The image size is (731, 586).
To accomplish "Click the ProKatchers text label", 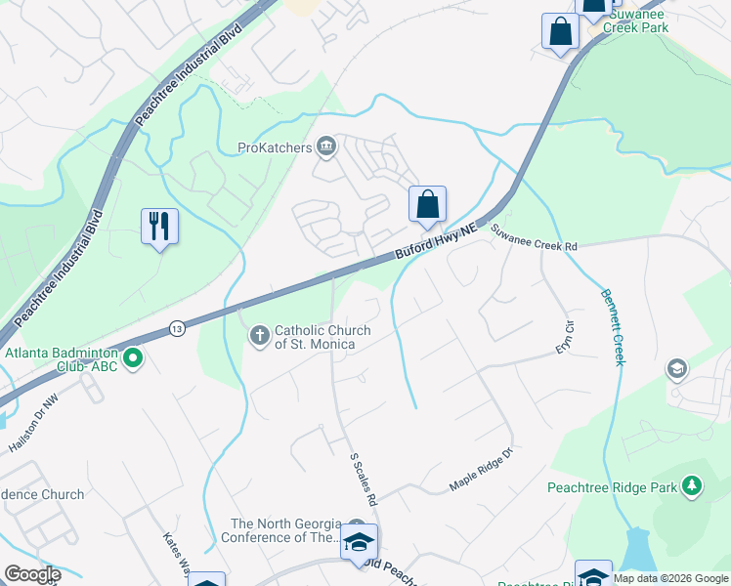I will pos(274,148).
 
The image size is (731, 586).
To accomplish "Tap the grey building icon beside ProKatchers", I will pos(326,148).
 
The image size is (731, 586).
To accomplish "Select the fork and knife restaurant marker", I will pos(158,227).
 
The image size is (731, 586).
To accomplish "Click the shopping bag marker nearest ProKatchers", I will pos(427,205).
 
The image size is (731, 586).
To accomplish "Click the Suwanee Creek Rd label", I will pos(534,238).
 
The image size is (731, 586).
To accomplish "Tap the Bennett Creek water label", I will pos(612,327).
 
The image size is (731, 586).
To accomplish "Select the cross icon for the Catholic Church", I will pos(259,337).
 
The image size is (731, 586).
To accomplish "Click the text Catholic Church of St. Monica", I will pos(322,337).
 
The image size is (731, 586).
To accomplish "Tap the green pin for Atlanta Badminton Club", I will pos(133,359).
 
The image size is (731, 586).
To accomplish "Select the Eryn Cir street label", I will pos(563,337).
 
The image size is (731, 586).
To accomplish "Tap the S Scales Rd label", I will pos(364,479).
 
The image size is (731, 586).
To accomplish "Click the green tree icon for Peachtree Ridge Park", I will pos(692,485).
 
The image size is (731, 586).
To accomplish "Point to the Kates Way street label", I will pos(176,554).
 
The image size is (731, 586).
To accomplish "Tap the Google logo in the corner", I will pos(31,574).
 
